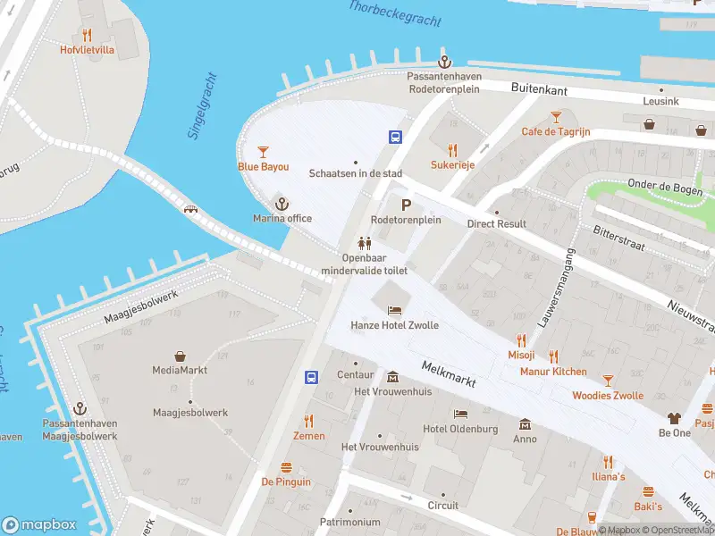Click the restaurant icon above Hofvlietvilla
87,35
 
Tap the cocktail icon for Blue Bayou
263,152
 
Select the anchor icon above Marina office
282,204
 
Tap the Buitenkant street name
541,88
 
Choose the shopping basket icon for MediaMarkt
181,356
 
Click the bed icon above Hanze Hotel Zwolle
394,310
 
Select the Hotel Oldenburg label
460,429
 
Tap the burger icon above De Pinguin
286,467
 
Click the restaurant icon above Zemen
309,421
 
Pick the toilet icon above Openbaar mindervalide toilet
364,242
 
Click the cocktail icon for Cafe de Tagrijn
556,116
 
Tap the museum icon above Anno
525,423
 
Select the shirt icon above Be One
675,417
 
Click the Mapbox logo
39,525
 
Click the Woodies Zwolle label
608,396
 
